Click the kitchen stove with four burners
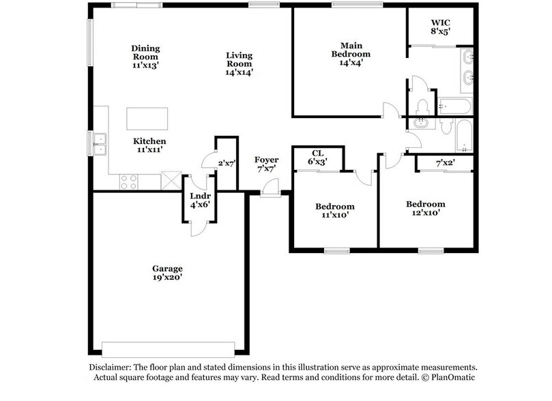pyautogui.click(x=128, y=181)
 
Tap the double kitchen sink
pyautogui.click(x=100, y=142)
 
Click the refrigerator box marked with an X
pyautogui.click(x=170, y=181)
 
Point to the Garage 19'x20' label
pyautogui.click(x=167, y=273)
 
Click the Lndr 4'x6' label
pyautogui.click(x=199, y=200)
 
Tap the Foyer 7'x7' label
pyautogui.click(x=266, y=164)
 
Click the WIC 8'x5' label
pyautogui.click(x=440, y=26)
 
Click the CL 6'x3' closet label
pyautogui.click(x=317, y=158)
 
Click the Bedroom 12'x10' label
pyautogui.click(x=425, y=208)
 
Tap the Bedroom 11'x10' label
pyautogui.click(x=334, y=211)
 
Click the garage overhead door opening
pyautogui.click(x=171, y=344)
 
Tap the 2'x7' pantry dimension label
pyautogui.click(x=226, y=164)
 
